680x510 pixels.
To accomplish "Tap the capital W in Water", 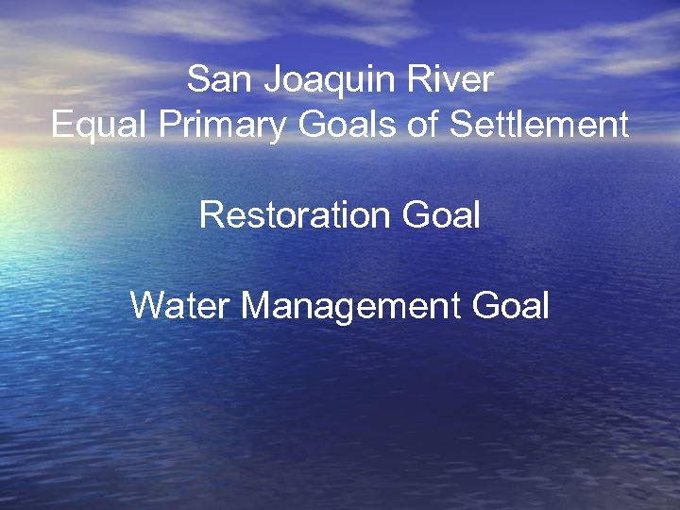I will point(147,306).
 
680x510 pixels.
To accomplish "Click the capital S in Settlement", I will point(462,125).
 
